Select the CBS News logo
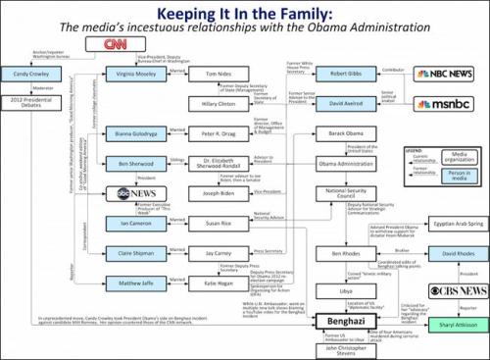[449, 291]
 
